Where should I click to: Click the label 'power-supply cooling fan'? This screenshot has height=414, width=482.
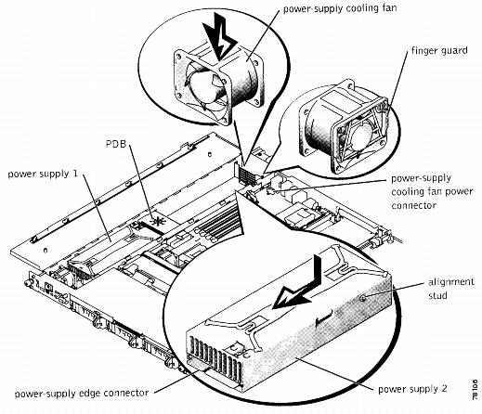point(340,8)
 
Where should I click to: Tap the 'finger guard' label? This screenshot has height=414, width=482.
point(439,50)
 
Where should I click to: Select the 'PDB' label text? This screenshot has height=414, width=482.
point(116,144)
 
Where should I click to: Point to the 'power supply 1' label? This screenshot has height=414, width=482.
point(43,174)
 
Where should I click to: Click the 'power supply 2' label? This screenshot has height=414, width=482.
point(412,389)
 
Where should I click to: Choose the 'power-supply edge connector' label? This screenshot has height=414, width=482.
point(82,394)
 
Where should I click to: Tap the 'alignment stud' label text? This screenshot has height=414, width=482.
point(451,289)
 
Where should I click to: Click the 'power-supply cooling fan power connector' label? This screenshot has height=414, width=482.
point(432,191)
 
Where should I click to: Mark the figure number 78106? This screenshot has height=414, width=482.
point(475,389)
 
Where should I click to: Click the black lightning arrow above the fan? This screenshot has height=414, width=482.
point(220,37)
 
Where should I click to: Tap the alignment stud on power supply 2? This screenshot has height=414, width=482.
point(364,298)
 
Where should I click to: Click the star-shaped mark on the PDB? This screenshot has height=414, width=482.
point(158,222)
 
